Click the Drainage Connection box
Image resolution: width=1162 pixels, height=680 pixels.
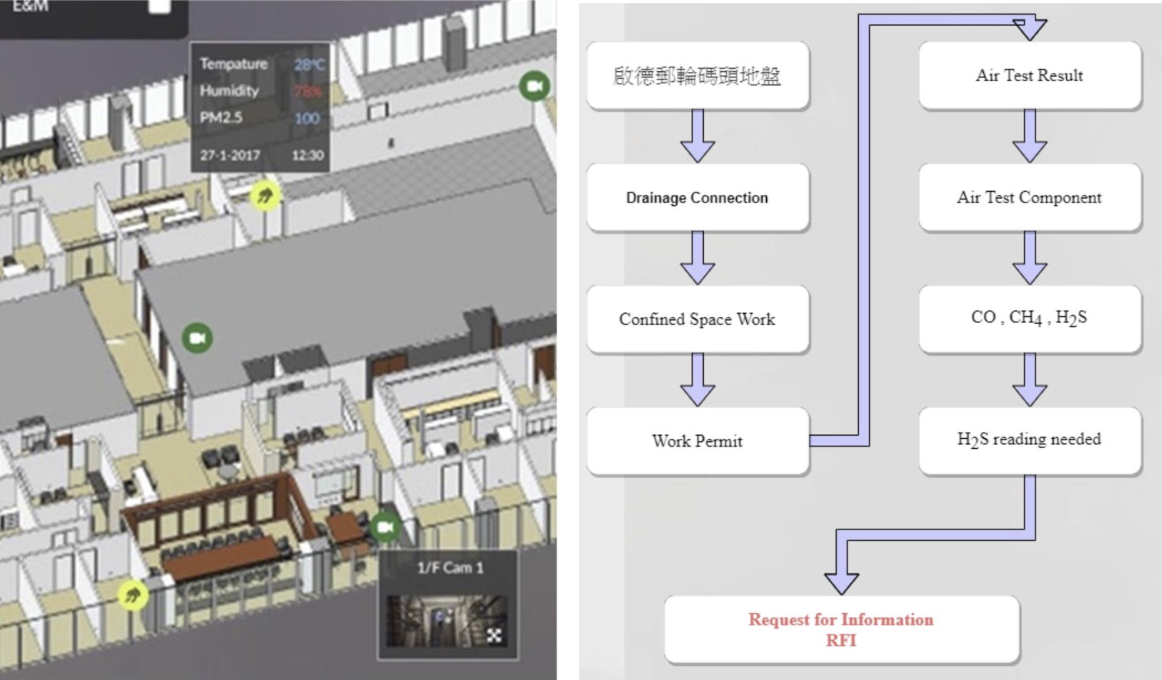[x=697, y=198]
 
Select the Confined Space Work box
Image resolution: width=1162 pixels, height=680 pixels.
[x=697, y=319]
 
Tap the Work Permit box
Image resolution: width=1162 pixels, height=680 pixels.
[x=697, y=441]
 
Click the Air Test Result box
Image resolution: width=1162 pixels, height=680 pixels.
[x=1029, y=75]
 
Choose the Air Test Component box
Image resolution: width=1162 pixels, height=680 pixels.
[x=1029, y=198]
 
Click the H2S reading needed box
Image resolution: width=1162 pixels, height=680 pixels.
[x=1029, y=439]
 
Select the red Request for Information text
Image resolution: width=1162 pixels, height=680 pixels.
[x=841, y=620]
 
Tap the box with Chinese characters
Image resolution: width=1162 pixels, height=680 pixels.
[x=697, y=76]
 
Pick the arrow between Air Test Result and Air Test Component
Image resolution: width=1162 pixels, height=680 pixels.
[x=1029, y=136]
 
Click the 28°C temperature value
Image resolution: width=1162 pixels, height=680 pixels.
[x=310, y=65]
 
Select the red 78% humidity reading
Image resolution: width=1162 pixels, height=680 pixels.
[x=308, y=91]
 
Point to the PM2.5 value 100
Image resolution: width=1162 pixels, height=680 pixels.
[x=307, y=119]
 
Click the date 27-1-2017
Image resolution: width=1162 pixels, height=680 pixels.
[x=230, y=155]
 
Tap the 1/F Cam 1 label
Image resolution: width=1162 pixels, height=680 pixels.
[x=451, y=568]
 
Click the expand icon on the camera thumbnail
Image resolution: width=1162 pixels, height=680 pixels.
[x=494, y=636]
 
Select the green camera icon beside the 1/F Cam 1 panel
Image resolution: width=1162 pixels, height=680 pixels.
[x=385, y=527]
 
